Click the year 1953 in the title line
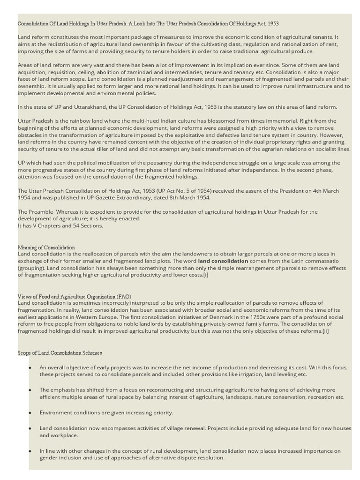point(273,23)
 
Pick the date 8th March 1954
point(188,198)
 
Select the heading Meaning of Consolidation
point(46,247)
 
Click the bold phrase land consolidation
point(223,261)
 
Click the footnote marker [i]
point(205,275)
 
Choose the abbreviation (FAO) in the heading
point(124,296)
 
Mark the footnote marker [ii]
point(325,331)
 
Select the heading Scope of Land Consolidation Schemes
point(60,352)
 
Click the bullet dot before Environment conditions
point(30,413)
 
